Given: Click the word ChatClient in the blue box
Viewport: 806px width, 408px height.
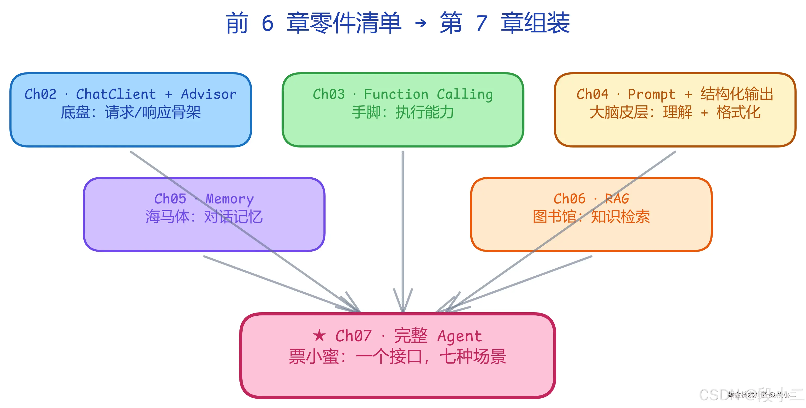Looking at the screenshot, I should [x=116, y=94].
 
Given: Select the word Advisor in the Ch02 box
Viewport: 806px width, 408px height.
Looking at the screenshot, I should [x=209, y=94].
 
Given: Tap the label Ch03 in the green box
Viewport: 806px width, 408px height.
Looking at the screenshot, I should [x=328, y=94].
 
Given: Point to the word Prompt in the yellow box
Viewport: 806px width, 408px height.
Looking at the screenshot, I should [x=652, y=94].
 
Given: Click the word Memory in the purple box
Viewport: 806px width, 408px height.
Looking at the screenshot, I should [x=230, y=199].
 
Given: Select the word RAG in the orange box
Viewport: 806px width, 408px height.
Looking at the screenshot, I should [x=617, y=199].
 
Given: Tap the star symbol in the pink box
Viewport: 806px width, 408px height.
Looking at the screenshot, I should [x=319, y=336].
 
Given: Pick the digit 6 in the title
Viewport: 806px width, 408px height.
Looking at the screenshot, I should [x=267, y=23].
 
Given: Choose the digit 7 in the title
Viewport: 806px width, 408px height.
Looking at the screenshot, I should [x=482, y=23].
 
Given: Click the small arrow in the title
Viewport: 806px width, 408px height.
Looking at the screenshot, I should [x=421, y=23].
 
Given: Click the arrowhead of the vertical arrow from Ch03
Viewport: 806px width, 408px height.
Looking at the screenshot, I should [x=403, y=308].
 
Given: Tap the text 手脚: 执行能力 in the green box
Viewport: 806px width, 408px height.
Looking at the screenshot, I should [x=403, y=112].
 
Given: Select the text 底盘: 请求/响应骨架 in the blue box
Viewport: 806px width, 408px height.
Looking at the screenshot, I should [x=131, y=112].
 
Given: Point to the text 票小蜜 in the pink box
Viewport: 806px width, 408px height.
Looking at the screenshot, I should [x=314, y=356].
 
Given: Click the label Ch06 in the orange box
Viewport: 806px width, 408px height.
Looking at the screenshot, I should [x=569, y=199].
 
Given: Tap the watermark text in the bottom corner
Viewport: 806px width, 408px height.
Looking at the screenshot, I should [x=760, y=395].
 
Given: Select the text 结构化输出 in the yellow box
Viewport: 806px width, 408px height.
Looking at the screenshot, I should [x=737, y=94].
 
